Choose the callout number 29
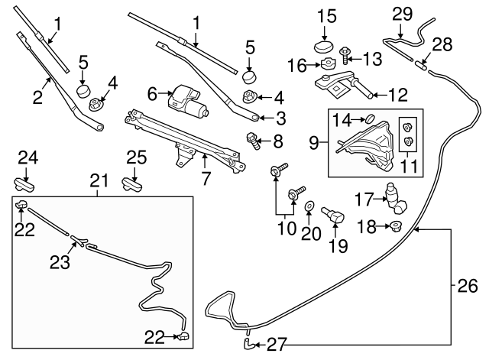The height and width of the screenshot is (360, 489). [402, 13]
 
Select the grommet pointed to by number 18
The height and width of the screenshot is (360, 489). [395, 225]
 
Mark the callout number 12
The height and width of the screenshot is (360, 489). [398, 96]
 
